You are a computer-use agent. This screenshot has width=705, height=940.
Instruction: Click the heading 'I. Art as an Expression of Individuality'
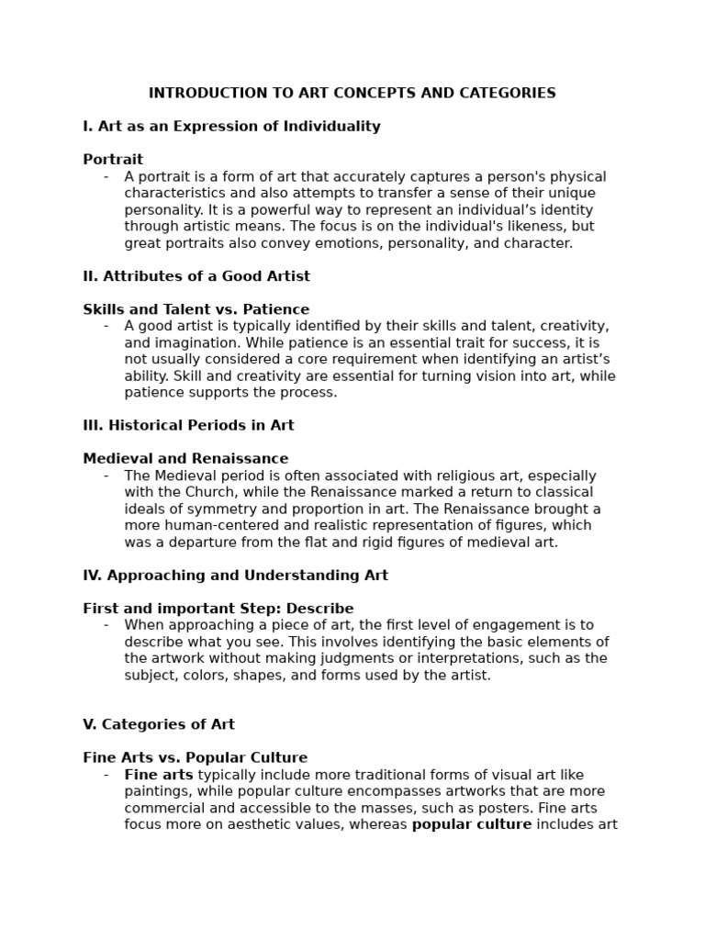pyautogui.click(x=231, y=127)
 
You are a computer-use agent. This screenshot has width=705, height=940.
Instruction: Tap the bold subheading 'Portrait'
pyautogui.click(x=113, y=160)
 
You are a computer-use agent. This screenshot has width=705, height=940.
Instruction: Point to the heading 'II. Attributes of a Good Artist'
pyautogui.click(x=196, y=276)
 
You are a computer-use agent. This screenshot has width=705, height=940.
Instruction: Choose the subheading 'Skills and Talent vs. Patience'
pyautogui.click(x=196, y=309)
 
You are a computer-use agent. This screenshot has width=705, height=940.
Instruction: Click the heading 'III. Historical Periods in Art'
pyautogui.click(x=188, y=426)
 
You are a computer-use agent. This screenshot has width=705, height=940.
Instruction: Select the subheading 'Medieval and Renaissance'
pyautogui.click(x=185, y=459)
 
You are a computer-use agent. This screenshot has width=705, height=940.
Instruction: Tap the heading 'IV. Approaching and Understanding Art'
pyautogui.click(x=235, y=576)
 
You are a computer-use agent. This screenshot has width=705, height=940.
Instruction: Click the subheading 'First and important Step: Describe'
pyautogui.click(x=218, y=609)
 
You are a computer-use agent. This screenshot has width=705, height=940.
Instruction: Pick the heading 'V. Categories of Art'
pyautogui.click(x=159, y=724)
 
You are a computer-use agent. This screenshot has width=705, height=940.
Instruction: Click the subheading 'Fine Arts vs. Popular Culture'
pyautogui.click(x=195, y=758)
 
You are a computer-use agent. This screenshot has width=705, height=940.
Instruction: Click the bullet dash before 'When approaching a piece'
pyautogui.click(x=106, y=625)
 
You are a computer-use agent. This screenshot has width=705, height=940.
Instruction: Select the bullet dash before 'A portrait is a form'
pyautogui.click(x=106, y=177)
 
